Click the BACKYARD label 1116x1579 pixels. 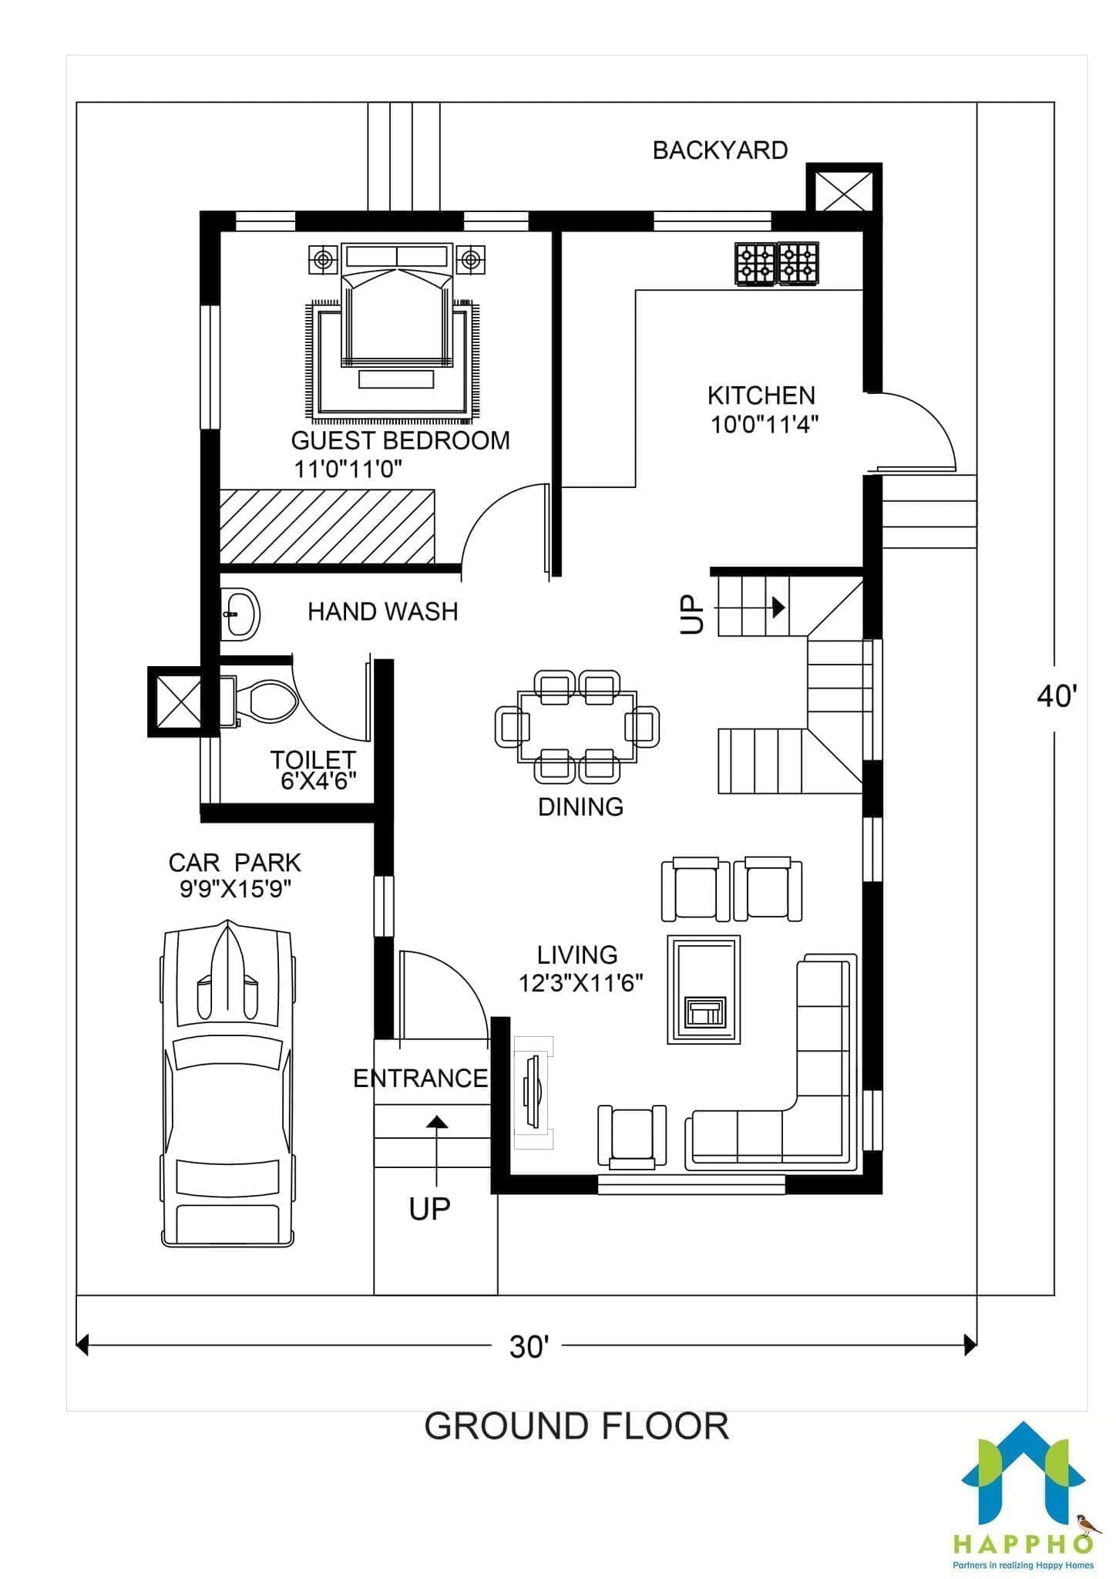(720, 150)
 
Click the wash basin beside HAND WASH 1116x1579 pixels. (240, 614)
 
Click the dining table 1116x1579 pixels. (577, 726)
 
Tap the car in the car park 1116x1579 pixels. (227, 1082)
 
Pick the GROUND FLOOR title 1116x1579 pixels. (576, 1426)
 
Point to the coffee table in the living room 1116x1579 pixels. (704, 990)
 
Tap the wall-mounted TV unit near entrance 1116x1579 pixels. (533, 1092)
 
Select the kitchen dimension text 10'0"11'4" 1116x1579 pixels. (764, 424)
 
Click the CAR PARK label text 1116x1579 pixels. (235, 862)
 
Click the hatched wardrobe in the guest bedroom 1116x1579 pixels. (327, 527)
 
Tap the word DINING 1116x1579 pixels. (580, 806)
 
